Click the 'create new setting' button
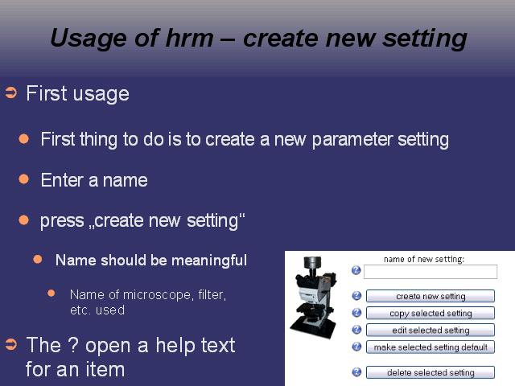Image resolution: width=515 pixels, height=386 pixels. (431, 296)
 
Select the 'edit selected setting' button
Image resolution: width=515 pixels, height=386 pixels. (431, 330)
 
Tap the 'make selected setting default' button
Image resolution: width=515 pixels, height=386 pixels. (431, 347)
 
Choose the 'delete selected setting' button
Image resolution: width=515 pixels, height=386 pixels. (431, 372)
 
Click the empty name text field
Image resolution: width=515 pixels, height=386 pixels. (431, 272)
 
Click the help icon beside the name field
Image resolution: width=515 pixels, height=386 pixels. (356, 270)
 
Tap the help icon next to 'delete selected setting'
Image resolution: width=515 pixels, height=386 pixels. (356, 372)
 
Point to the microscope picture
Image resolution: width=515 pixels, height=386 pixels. (313, 293)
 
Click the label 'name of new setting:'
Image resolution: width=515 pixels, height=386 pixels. (424, 259)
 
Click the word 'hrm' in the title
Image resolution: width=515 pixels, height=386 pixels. (189, 38)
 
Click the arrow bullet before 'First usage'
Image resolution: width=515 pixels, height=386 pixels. (11, 93)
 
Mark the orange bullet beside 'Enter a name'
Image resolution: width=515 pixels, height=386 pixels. (24, 179)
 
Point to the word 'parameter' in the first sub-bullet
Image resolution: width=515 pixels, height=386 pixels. (352, 140)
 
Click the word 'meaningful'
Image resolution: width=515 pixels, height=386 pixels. (209, 261)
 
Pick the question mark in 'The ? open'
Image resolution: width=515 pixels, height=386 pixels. (72, 345)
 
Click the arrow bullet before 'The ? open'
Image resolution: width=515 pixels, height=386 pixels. (11, 344)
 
